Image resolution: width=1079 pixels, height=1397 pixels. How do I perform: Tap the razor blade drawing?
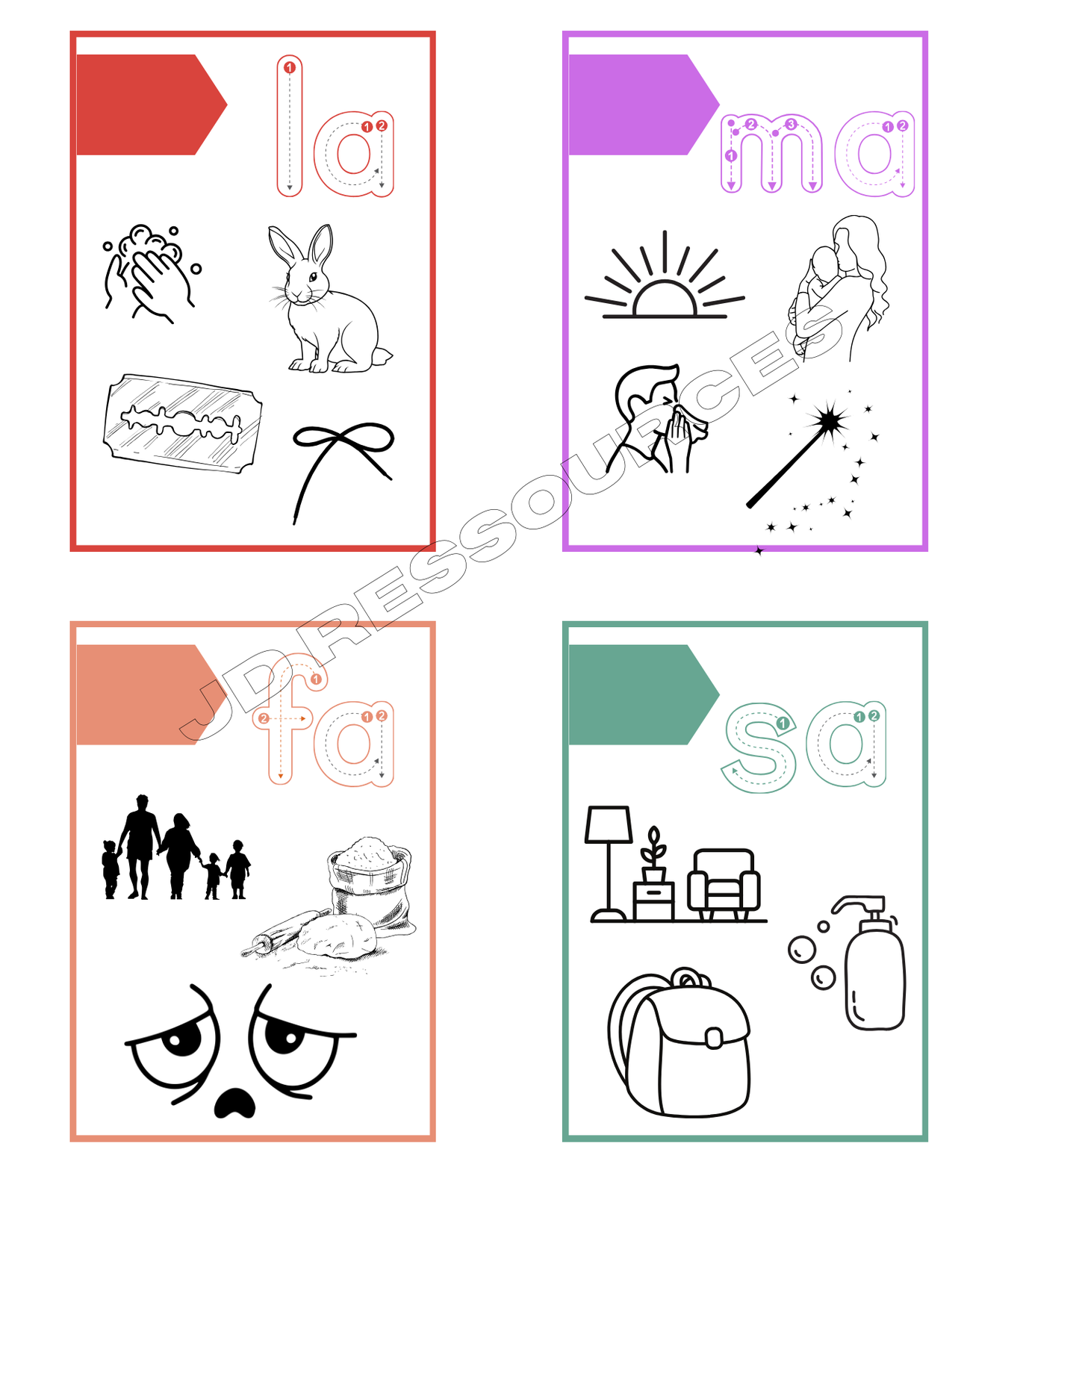tap(183, 423)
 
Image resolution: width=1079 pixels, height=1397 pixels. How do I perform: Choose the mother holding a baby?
tap(839, 287)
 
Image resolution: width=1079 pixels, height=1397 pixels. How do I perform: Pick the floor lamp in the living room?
tap(609, 863)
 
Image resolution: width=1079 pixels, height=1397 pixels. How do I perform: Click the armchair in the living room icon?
tap(724, 885)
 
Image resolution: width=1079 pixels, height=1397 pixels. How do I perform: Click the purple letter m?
tap(771, 154)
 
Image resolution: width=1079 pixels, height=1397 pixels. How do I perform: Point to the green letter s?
tap(759, 747)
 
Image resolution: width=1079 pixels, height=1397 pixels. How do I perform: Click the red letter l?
tap(290, 125)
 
